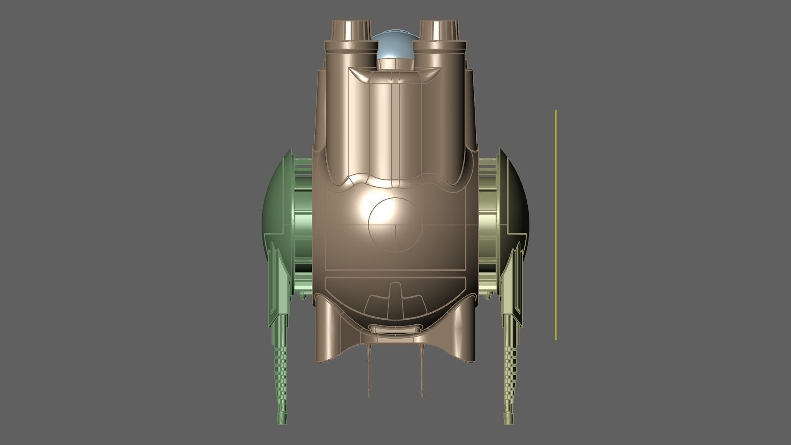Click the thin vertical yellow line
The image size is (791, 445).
click(x=556, y=225)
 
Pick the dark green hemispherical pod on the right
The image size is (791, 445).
click(x=517, y=214)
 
